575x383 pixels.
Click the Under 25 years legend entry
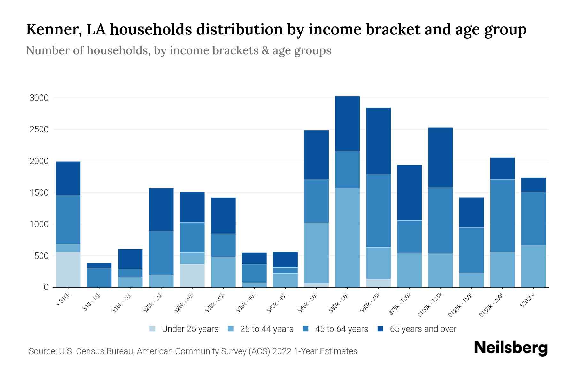click(x=184, y=329)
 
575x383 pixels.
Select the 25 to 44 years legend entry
click(x=261, y=329)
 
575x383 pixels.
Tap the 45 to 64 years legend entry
click(x=336, y=329)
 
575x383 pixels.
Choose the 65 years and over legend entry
click(x=417, y=329)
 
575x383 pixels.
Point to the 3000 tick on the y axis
click(x=39, y=98)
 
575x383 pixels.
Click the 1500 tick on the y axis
click(x=39, y=193)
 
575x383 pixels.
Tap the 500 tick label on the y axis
click(x=41, y=256)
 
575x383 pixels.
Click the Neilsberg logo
click(x=510, y=348)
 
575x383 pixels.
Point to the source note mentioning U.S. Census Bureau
click(x=193, y=351)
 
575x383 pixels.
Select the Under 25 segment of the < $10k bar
click(x=68, y=270)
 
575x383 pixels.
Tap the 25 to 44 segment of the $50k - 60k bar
click(x=347, y=238)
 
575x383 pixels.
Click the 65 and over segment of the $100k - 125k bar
click(x=441, y=158)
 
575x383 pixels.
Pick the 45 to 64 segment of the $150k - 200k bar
click(x=502, y=216)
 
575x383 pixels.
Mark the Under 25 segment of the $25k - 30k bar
click(x=192, y=276)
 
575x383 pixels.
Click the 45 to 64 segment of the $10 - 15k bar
click(x=99, y=278)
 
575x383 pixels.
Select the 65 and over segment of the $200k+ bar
click(x=533, y=185)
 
